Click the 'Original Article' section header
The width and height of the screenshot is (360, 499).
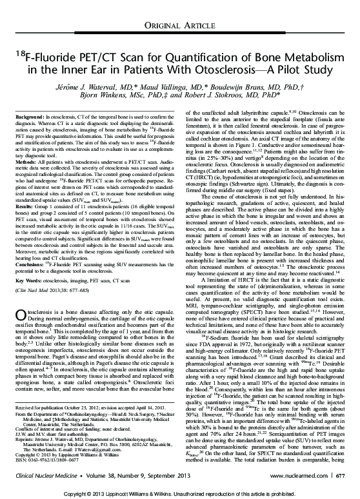180,25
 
